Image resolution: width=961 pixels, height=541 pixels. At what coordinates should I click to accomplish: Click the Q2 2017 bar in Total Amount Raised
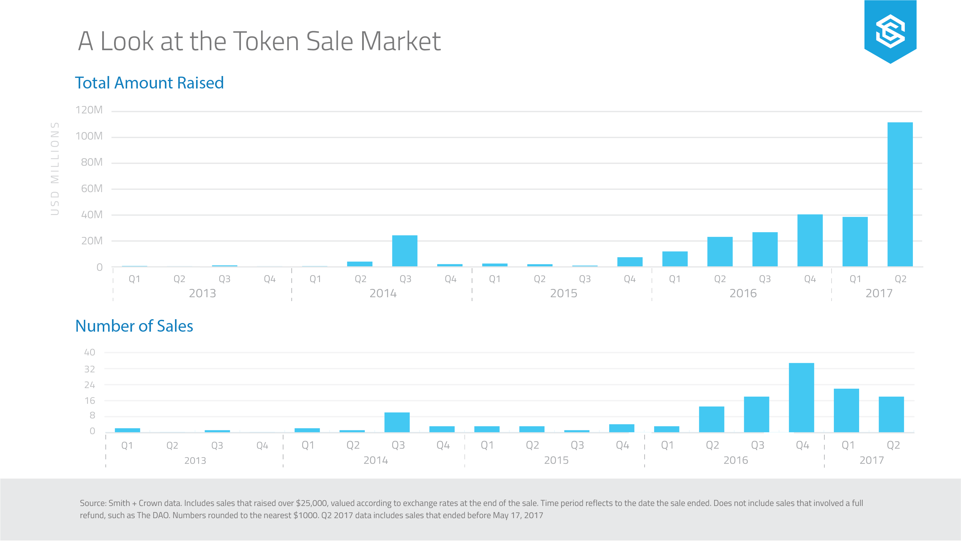tap(900, 194)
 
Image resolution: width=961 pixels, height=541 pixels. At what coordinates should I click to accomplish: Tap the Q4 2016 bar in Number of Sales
tap(801, 398)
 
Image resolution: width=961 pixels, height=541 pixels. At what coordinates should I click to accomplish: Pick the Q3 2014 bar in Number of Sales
tap(397, 422)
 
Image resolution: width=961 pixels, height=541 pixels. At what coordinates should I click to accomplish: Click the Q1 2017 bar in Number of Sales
tap(846, 410)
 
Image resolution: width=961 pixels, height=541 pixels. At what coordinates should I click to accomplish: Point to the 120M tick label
tap(89, 110)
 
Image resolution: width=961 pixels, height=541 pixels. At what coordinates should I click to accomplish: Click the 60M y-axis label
tap(92, 189)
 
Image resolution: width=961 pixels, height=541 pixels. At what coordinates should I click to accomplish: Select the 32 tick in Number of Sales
tap(89, 369)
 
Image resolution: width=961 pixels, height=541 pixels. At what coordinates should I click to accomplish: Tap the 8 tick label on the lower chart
tap(92, 415)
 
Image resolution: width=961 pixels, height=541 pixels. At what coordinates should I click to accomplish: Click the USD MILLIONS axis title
tap(55, 169)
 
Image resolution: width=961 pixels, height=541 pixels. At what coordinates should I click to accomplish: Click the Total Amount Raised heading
tap(149, 83)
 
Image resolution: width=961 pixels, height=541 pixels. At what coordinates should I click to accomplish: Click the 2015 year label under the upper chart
tap(563, 293)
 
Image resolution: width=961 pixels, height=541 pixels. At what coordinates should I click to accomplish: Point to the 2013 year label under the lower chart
tap(195, 461)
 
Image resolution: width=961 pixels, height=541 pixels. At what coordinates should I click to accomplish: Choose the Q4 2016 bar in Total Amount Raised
tap(809, 240)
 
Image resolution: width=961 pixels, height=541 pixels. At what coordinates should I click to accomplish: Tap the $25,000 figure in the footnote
tap(312, 503)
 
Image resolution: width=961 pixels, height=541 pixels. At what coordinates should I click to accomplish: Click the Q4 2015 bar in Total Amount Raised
tap(630, 261)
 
